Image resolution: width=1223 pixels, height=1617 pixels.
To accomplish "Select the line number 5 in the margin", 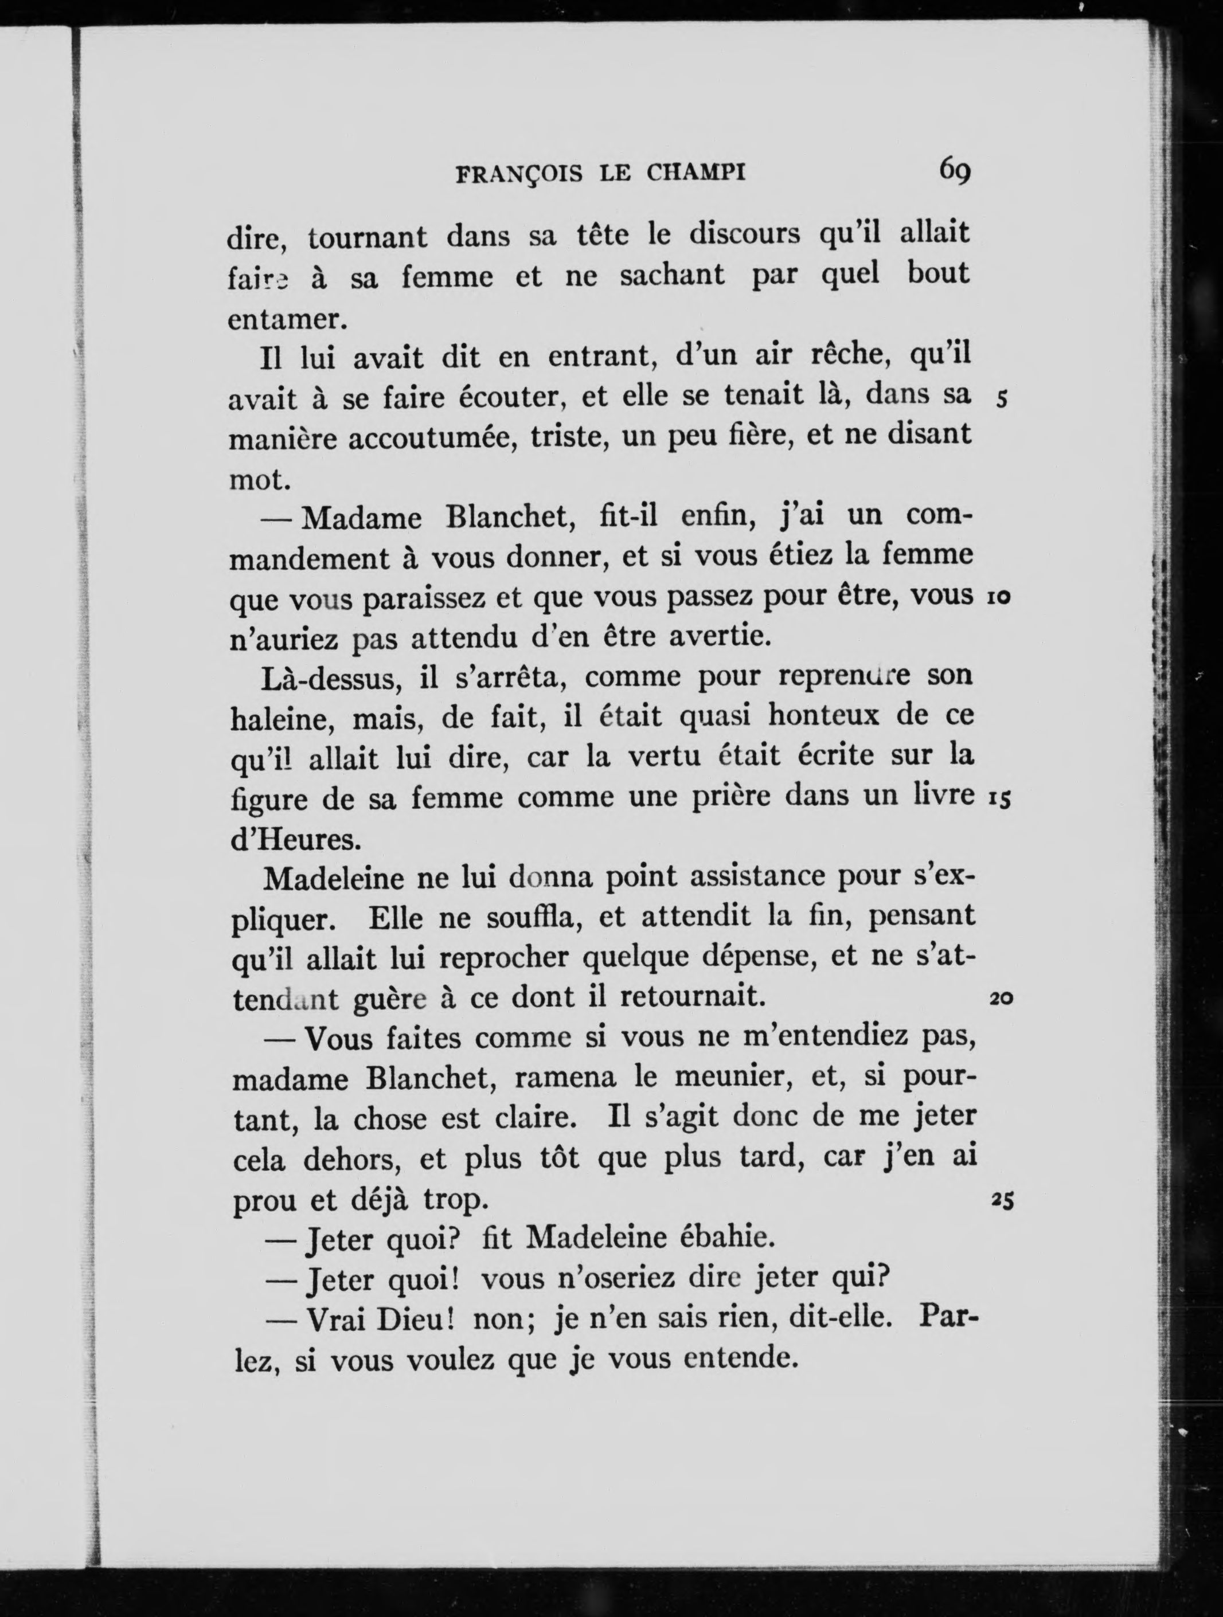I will click(x=1002, y=398).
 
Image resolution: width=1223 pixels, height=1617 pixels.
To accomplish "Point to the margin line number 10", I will click(x=999, y=597).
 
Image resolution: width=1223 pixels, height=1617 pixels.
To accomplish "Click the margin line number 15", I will click(x=999, y=799).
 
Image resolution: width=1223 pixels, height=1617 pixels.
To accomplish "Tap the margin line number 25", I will click(x=1002, y=1200).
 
